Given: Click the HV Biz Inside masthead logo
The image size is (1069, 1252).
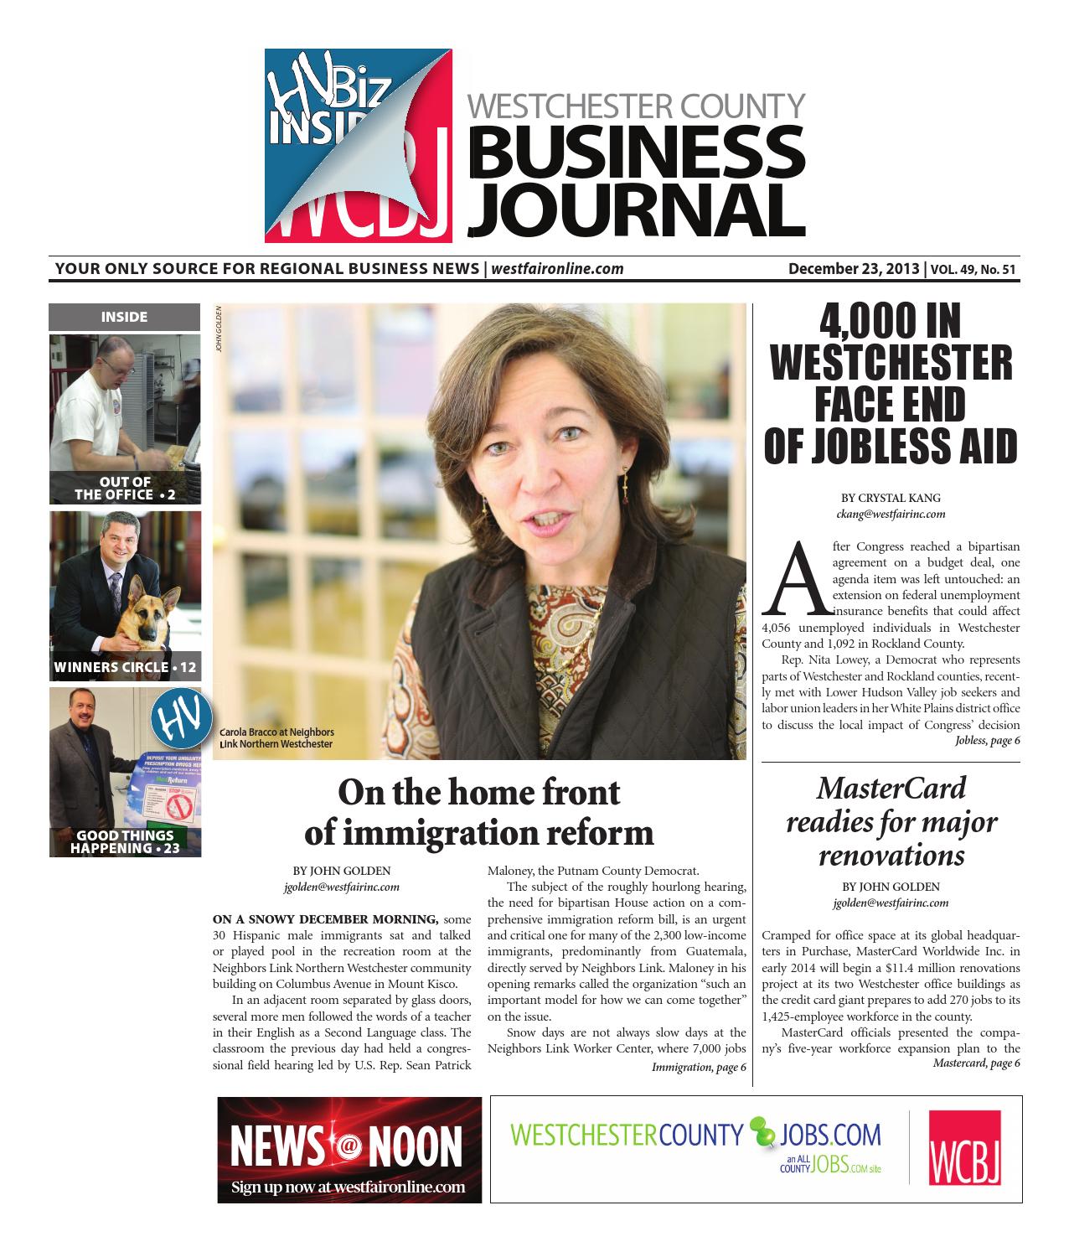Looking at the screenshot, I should click(359, 144).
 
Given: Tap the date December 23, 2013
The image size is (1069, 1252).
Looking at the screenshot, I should click(854, 269).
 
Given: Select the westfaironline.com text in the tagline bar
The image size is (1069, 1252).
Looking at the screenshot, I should click(557, 269).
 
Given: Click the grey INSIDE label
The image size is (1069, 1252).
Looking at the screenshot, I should click(124, 317).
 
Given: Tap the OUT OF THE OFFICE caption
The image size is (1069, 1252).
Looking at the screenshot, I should click(125, 488).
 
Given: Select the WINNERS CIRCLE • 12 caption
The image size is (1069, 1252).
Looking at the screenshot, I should click(125, 667).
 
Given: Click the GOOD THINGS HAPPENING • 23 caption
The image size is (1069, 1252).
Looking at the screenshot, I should click(125, 841).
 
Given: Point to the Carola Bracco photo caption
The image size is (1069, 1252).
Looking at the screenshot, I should click(276, 737).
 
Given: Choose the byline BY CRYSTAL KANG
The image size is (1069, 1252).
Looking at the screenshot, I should click(891, 498).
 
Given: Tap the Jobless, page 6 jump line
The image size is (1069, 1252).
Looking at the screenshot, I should click(987, 741).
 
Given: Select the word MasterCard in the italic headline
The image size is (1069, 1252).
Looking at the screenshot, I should click(891, 788).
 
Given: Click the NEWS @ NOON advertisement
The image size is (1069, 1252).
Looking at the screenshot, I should click(349, 1149).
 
